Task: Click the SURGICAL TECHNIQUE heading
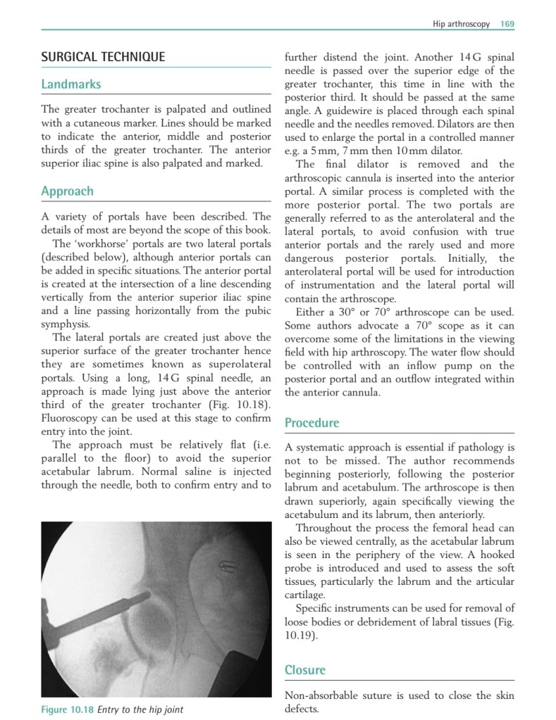103,57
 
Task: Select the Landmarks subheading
71,84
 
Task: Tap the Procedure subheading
311,423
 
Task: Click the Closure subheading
305,670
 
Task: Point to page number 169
507,24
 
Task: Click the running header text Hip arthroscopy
462,24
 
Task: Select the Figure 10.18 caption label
68,709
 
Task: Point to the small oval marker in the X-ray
229,564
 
